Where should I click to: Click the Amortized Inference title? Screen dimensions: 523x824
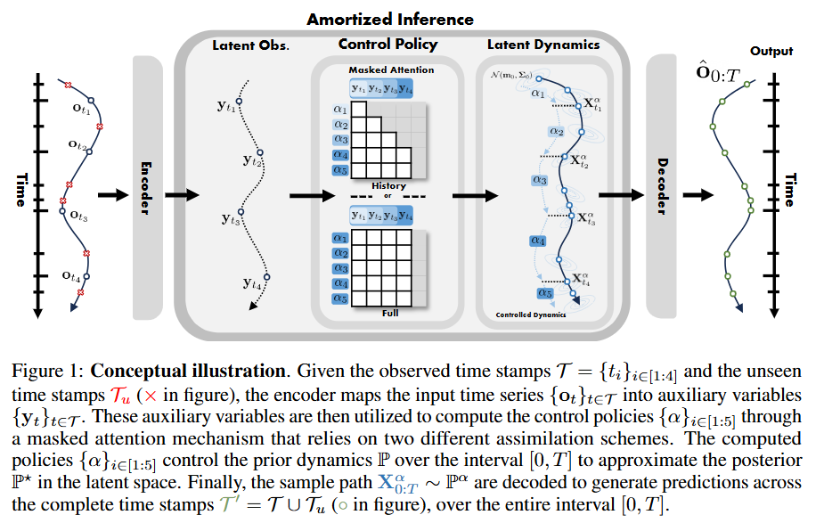[390, 19]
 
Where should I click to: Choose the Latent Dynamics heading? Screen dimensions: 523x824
[543, 45]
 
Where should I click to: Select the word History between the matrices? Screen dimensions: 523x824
[388, 186]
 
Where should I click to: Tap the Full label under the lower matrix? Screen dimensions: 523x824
[390, 313]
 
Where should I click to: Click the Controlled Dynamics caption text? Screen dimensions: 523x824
[532, 315]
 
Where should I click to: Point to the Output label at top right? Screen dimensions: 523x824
[771, 52]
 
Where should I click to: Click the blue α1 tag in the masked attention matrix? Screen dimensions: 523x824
[339, 110]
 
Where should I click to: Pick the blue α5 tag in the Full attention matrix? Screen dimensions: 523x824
[339, 298]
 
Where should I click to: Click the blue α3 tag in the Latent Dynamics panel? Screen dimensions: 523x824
[538, 180]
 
